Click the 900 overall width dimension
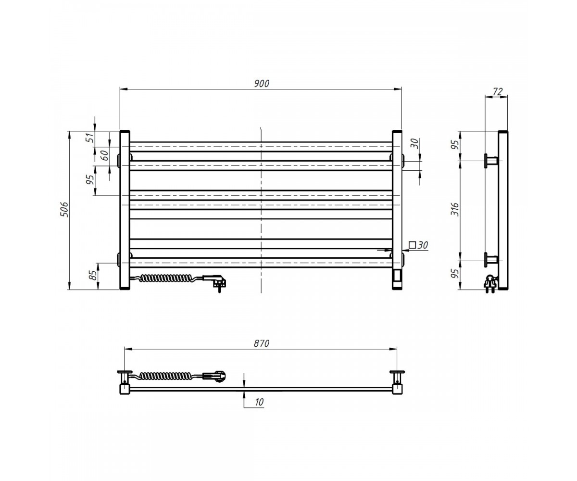[x=262, y=84]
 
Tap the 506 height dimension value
[x=64, y=210]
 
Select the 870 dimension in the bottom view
[x=262, y=343]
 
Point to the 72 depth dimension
[x=497, y=91]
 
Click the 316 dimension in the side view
[x=455, y=210]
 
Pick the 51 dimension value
[x=90, y=138]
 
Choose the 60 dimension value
[x=105, y=156]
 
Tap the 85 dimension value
[x=94, y=275]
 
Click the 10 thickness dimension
[x=259, y=402]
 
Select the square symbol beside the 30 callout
[x=412, y=245]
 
